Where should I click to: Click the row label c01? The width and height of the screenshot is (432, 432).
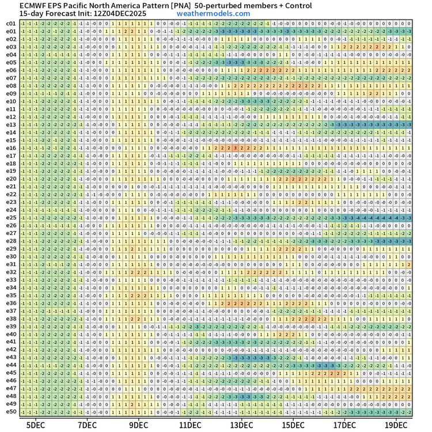(x=11, y=23)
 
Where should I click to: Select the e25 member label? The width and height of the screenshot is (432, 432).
(x=11, y=218)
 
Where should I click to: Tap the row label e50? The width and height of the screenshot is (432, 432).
(x=11, y=412)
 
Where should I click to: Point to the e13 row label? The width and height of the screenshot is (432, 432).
(x=11, y=124)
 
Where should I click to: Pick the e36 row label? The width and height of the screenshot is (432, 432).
(x=11, y=303)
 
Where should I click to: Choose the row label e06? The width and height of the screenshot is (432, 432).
(x=11, y=70)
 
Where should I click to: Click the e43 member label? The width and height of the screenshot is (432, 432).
(x=11, y=357)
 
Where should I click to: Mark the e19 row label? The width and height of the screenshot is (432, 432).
(x=11, y=171)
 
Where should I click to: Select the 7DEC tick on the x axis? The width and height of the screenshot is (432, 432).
(x=87, y=425)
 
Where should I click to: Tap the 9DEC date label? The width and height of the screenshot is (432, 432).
(x=138, y=425)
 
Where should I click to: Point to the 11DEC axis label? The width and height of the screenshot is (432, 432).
(x=190, y=425)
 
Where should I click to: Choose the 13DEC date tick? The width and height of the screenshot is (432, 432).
(x=241, y=425)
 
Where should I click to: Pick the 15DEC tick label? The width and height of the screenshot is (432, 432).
(x=293, y=425)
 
